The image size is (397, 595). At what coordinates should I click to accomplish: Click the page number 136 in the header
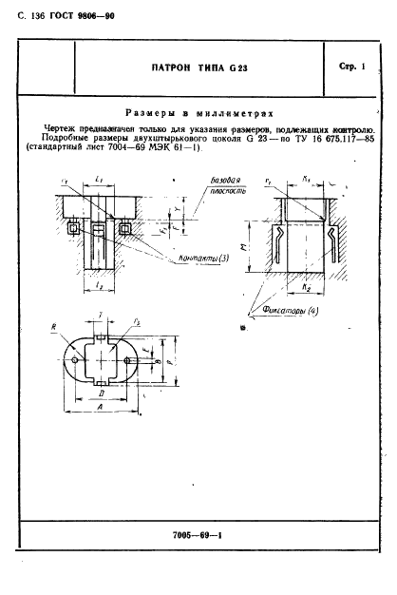pyautogui.click(x=34, y=15)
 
